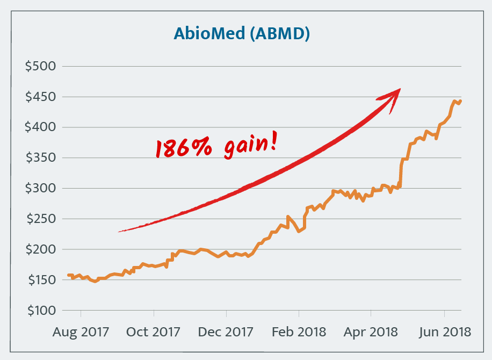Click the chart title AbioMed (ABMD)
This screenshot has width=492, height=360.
click(242, 33)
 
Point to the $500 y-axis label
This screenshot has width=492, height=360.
click(41, 67)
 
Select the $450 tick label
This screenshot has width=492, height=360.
click(41, 97)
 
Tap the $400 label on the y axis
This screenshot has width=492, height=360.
click(41, 128)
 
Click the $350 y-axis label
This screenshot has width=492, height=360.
click(41, 159)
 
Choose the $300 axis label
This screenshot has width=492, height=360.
click(41, 189)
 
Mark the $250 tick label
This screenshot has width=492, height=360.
click(41, 219)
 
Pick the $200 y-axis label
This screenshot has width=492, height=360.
click(41, 250)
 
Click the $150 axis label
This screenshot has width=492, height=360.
click(41, 280)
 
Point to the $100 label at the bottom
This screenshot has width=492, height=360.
click(41, 311)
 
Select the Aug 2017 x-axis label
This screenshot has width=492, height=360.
click(81, 332)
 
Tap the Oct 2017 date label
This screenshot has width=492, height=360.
click(154, 332)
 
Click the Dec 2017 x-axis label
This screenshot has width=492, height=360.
click(226, 332)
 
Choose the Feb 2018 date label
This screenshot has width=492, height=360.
click(299, 332)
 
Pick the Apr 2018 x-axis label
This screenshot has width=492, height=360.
click(371, 332)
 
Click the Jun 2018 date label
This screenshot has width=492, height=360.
click(444, 332)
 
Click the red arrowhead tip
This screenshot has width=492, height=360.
click(400, 90)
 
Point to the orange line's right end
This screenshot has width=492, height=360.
click(461, 100)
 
